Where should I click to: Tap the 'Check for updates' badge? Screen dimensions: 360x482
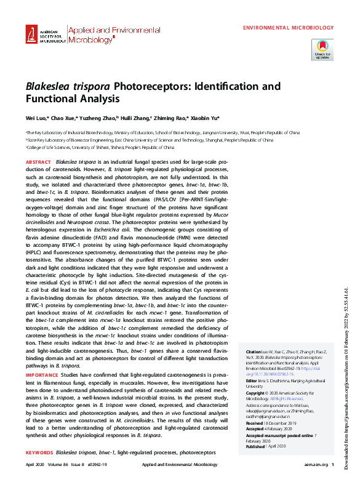pyautogui.click(x=322, y=47)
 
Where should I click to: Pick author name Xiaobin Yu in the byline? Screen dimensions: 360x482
pyautogui.click(x=202, y=118)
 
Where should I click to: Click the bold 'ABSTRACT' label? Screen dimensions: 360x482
pyautogui.click(x=39, y=161)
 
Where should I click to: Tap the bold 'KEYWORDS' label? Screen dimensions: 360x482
pyautogui.click(x=41, y=453)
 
